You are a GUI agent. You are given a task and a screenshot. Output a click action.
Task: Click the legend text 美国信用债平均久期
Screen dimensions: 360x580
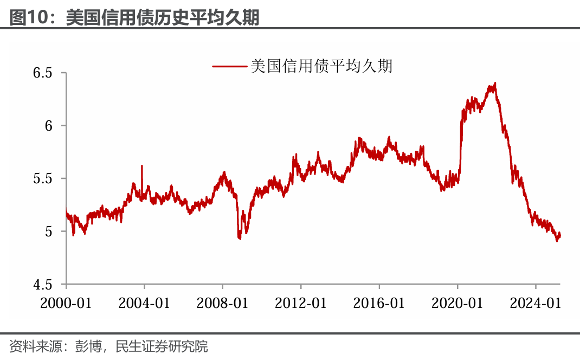click(x=321, y=66)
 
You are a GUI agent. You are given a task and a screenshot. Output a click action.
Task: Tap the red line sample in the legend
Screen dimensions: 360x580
click(x=229, y=66)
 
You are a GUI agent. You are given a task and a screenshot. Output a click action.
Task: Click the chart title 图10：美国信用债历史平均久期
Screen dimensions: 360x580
click(x=134, y=17)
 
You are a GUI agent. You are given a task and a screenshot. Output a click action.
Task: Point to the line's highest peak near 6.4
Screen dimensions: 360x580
click(x=495, y=83)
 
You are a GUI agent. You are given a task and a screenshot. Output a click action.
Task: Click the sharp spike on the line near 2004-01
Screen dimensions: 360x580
click(x=142, y=166)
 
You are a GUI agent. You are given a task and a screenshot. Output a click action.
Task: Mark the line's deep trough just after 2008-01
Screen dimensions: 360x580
click(x=240, y=238)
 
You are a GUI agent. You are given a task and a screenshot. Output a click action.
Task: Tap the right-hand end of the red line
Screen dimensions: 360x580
click(x=559, y=235)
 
